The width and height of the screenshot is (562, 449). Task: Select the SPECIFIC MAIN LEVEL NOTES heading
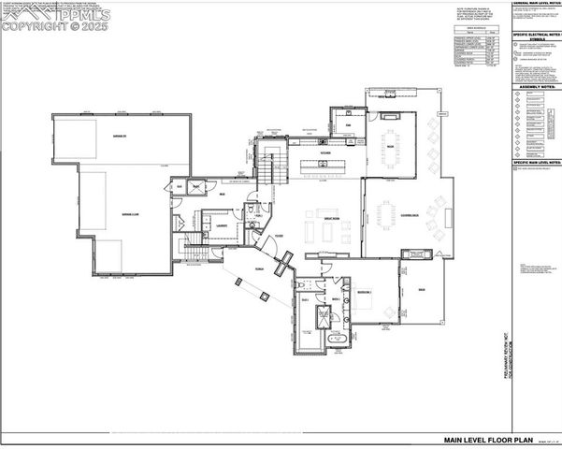(x=536, y=163)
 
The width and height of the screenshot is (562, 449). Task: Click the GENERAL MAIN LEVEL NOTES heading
(x=536, y=4)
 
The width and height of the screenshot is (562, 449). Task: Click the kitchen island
(x=324, y=167)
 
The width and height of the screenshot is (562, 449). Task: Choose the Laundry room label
(x=223, y=225)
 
